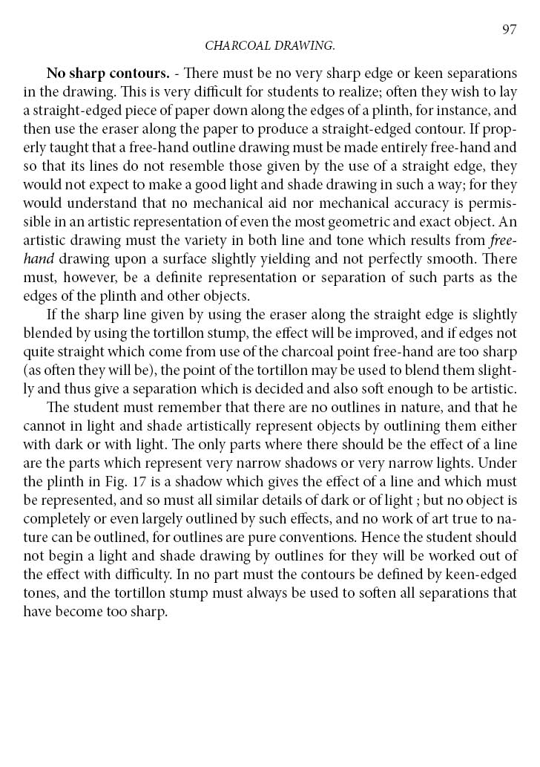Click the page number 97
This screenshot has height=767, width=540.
click(509, 30)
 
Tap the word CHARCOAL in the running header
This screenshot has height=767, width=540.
click(237, 46)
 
